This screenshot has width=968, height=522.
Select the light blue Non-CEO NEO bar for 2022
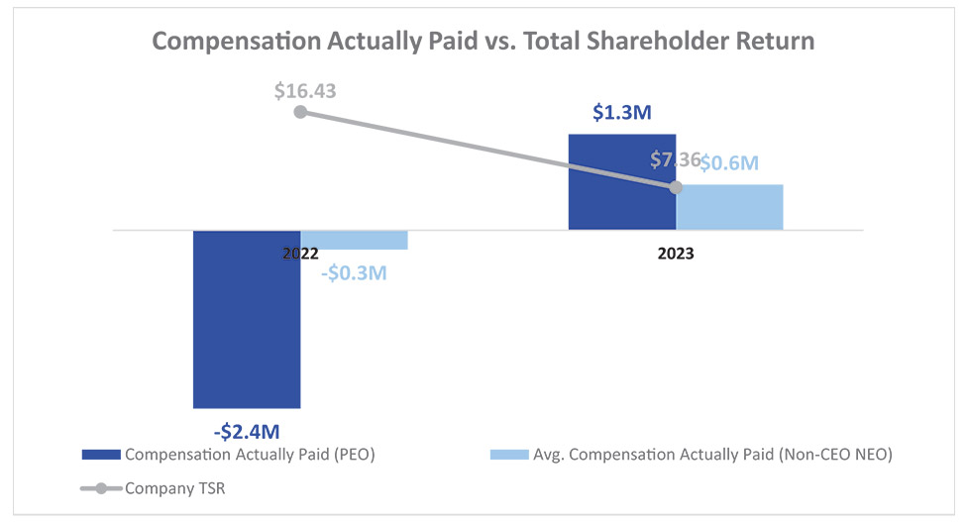(x=354, y=240)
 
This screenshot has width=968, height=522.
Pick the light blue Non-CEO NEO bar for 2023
(x=729, y=208)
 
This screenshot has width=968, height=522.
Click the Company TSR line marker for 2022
(x=300, y=112)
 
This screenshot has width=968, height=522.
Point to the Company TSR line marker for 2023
(x=676, y=187)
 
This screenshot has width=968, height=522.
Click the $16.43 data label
(x=305, y=91)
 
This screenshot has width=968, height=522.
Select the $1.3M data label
(x=621, y=113)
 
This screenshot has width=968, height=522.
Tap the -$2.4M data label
(x=247, y=431)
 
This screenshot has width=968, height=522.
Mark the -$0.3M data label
(x=354, y=271)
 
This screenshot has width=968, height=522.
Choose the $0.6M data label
(x=729, y=163)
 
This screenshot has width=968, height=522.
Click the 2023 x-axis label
(x=676, y=254)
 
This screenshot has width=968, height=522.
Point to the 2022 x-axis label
(x=300, y=254)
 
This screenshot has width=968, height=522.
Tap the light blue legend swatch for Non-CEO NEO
(x=510, y=455)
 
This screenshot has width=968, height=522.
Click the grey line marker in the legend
(x=101, y=488)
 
